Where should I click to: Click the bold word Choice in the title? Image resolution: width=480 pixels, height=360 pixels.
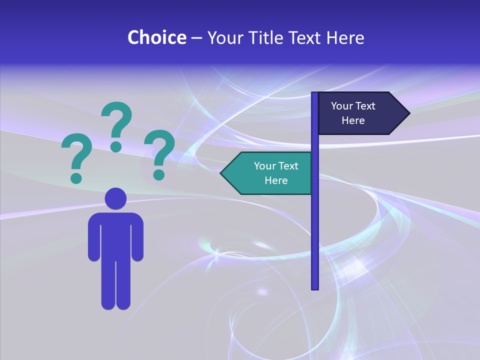click(x=156, y=37)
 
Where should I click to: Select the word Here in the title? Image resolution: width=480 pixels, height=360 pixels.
click(x=345, y=37)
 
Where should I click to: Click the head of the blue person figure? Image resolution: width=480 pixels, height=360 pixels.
click(x=115, y=198)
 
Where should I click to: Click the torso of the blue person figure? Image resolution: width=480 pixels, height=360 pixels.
click(x=115, y=235)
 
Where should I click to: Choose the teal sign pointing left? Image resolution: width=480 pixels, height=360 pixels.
click(x=270, y=173)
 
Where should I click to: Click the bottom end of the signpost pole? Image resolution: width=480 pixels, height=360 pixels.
click(x=315, y=287)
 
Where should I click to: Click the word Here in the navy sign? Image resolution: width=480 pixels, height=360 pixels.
click(x=353, y=120)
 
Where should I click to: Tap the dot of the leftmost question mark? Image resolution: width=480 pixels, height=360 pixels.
click(x=76, y=177)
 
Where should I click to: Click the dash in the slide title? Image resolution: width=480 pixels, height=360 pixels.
click(x=196, y=38)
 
